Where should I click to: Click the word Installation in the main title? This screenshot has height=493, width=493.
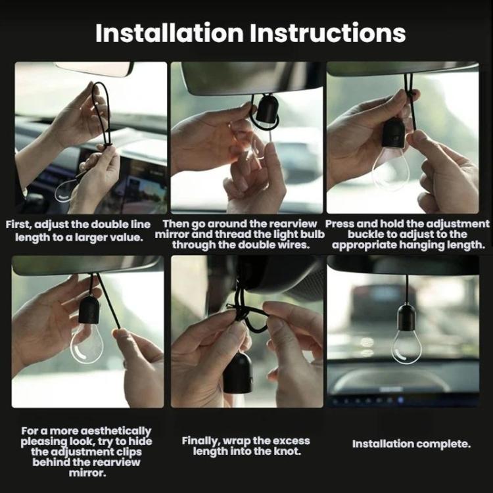click(170, 33)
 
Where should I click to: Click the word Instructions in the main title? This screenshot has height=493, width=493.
click(327, 33)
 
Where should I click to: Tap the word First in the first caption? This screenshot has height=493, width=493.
click(18, 225)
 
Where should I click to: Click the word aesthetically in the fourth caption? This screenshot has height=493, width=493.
click(116, 431)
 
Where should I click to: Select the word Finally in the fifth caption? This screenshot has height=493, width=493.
click(200, 441)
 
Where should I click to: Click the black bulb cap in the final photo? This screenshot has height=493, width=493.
click(406, 318)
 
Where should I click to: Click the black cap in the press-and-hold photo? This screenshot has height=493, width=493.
click(393, 134)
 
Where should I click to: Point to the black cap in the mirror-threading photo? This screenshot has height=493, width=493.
click(267, 108)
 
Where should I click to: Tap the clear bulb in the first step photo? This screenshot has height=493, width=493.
click(65, 191)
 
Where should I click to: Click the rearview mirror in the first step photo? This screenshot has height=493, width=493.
click(94, 68)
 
